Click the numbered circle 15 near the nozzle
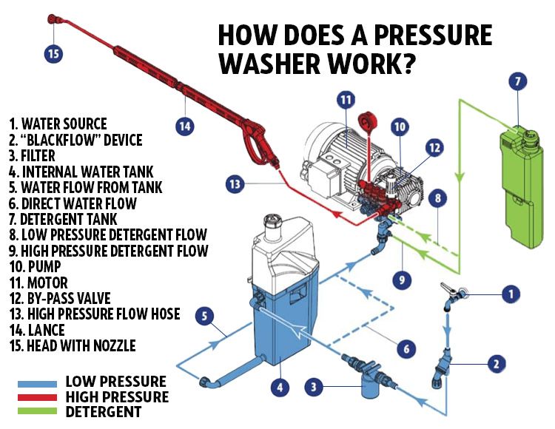pos(52,53)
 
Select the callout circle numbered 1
pos(508,294)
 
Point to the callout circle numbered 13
pos(236,184)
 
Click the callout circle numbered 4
pos(279,385)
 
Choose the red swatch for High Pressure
pos(37,397)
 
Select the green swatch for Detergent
pos(37,411)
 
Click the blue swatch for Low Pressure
pos(37,383)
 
